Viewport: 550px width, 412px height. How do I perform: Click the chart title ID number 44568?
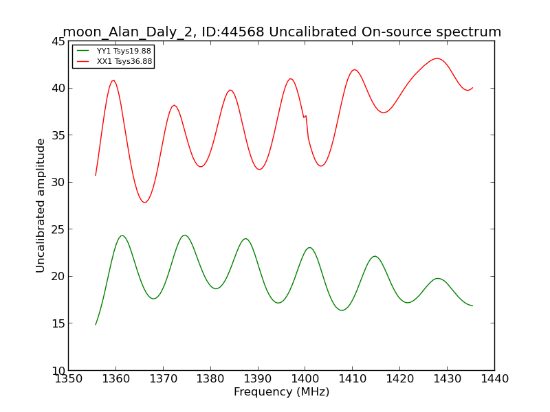click(x=243, y=32)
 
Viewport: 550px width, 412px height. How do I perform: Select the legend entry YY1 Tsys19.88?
click(x=114, y=51)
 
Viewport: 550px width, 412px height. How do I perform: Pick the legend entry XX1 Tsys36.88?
click(x=114, y=62)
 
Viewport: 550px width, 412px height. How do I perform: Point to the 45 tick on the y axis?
click(x=58, y=42)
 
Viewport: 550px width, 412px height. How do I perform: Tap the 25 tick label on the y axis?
click(x=58, y=229)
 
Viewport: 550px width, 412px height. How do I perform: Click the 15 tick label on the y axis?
click(x=58, y=323)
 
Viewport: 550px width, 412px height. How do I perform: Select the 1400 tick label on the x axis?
click(x=305, y=379)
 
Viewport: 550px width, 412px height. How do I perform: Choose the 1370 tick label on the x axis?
click(x=163, y=379)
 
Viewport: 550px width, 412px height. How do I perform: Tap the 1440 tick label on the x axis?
click(x=494, y=379)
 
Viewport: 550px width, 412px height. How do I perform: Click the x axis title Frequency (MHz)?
click(x=282, y=391)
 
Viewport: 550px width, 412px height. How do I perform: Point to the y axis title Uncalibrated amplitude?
click(x=41, y=205)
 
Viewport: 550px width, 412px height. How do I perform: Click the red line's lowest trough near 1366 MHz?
click(x=144, y=202)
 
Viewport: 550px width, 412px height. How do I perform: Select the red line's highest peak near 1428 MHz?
click(x=437, y=58)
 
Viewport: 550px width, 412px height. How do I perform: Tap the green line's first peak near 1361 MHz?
click(x=122, y=236)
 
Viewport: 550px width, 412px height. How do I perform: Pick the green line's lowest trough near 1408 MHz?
click(x=342, y=310)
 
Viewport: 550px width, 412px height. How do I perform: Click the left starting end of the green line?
click(x=96, y=324)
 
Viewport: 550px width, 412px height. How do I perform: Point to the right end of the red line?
click(x=472, y=88)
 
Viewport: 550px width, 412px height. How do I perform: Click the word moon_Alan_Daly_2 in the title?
click(x=127, y=32)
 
